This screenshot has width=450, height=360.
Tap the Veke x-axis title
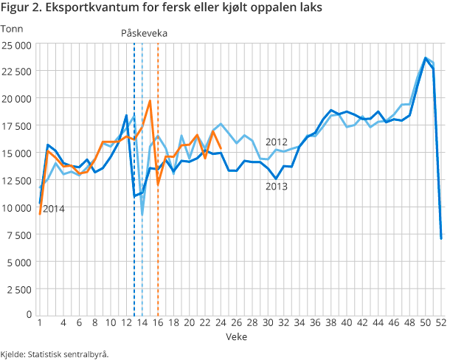[238, 336]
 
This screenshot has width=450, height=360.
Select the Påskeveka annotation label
[144, 33]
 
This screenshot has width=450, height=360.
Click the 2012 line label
[277, 142]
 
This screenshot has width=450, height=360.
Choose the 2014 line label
[53, 209]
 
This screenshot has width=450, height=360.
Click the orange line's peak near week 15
[150, 101]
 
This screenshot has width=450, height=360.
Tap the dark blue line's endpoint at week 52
[441, 238]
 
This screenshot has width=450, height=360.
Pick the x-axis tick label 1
[39, 323]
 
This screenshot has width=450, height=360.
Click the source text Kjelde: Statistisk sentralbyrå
[55, 353]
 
